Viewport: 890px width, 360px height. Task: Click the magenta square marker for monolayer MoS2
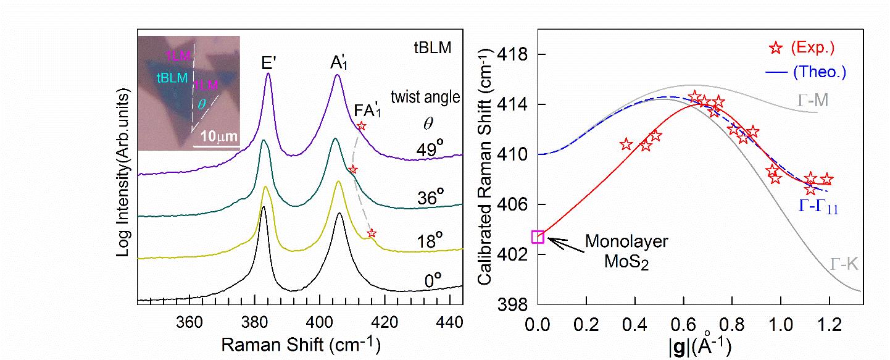(538, 237)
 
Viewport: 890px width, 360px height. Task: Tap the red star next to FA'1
(362, 126)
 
